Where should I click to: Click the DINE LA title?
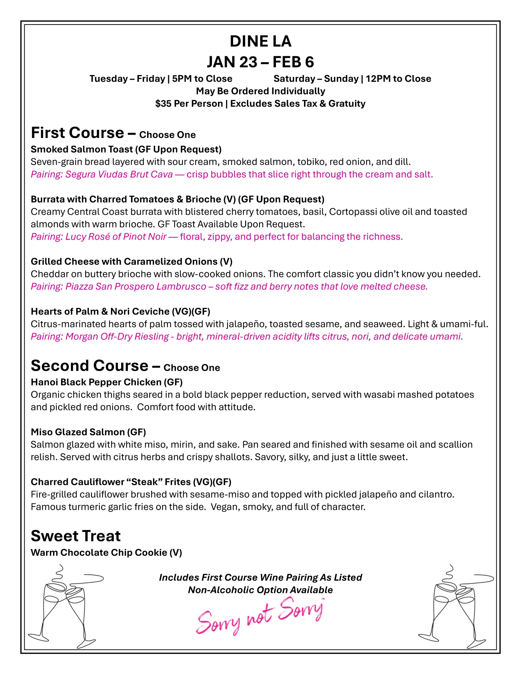tap(260, 41)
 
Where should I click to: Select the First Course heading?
tap(78, 133)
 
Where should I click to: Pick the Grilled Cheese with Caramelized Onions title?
tap(132, 262)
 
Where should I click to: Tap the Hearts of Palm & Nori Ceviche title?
tap(120, 311)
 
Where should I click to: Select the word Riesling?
tap(152, 336)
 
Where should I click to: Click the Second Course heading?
tap(90, 366)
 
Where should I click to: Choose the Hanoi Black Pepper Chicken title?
tap(107, 382)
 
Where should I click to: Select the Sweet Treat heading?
tap(76, 536)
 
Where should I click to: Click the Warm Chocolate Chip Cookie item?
tap(106, 553)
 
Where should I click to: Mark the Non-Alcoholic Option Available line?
tap(260, 590)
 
